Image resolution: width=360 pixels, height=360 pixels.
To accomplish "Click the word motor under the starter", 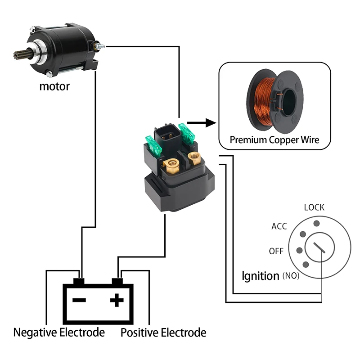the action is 54,86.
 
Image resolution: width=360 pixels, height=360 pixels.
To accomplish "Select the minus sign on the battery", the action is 79,300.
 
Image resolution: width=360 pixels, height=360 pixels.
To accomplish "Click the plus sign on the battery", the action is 117,300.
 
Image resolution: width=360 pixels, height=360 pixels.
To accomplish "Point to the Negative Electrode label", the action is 59,333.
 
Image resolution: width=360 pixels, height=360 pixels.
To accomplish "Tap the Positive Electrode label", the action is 163,333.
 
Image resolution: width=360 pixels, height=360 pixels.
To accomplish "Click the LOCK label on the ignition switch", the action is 314,207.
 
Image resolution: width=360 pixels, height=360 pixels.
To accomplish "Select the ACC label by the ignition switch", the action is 279,226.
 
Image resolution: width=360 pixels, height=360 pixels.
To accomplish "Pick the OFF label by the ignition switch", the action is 276,251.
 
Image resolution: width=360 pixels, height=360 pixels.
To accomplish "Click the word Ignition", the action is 261,276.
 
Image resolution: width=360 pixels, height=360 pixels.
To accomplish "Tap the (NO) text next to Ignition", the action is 291,276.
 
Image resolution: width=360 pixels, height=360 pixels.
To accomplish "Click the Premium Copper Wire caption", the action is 274,140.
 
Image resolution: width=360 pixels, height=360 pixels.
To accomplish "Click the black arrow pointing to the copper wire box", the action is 202,123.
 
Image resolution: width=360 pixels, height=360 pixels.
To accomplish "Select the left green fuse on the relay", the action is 154,147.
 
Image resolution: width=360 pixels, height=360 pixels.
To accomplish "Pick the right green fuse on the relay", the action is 187,134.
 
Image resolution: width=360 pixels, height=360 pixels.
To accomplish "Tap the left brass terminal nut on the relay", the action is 171,166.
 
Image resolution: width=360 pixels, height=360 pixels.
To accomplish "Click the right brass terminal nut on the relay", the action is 194,158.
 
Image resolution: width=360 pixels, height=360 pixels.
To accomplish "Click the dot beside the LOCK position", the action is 317,223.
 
